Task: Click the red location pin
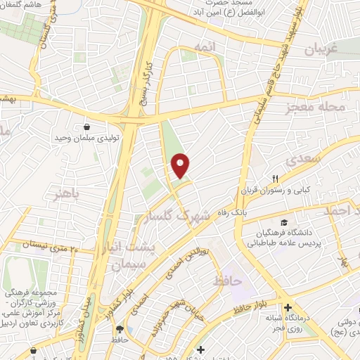(x=181, y=165)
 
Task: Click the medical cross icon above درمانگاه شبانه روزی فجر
(x=288, y=307)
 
